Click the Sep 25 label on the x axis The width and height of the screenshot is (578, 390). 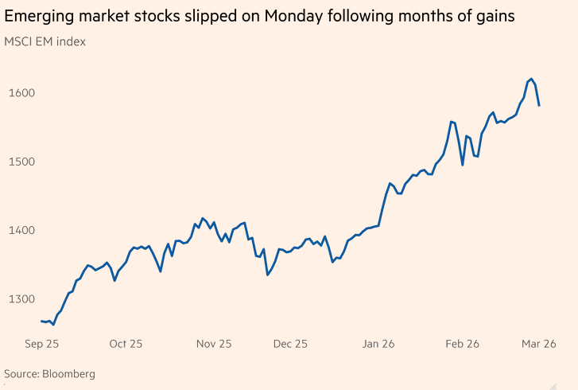[42, 344]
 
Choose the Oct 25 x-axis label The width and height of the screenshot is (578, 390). [126, 344]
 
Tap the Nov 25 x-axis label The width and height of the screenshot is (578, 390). [214, 344]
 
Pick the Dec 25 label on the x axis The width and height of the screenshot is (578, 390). [290, 344]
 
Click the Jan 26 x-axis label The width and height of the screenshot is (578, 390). [378, 344]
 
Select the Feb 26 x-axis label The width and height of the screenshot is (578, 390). [462, 344]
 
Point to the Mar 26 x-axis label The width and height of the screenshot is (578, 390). [538, 344]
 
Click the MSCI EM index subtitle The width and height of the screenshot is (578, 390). [45, 41]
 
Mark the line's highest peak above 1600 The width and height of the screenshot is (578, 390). [531, 79]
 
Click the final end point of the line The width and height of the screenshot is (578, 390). [539, 105]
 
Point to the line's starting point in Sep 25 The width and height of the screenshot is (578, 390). [41, 321]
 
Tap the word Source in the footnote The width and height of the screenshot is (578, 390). [21, 373]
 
